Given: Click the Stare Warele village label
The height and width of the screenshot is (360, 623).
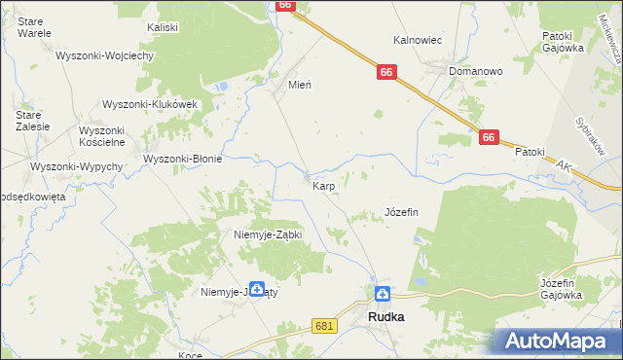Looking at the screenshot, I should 34,25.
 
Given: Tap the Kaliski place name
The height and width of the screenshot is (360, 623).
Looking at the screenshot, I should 163,27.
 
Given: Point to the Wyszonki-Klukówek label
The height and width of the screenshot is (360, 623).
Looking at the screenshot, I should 151,104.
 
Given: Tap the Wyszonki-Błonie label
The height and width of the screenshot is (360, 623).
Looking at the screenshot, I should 183,159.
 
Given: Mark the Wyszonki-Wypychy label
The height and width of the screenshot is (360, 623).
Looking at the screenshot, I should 77,166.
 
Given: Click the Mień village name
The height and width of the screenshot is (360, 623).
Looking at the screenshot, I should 299,85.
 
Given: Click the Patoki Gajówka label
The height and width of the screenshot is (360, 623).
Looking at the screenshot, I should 563,41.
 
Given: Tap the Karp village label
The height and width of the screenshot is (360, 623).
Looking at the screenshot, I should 324,184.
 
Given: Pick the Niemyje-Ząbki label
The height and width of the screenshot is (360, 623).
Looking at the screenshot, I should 269,234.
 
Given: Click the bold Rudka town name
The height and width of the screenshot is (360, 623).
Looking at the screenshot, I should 386,317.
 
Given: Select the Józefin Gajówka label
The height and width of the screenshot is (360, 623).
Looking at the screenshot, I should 561,288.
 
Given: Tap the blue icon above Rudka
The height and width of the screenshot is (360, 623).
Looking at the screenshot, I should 384,294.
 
